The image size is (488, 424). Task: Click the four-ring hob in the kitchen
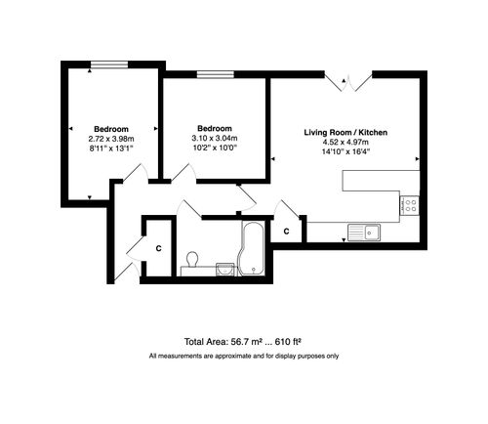coord(411,205)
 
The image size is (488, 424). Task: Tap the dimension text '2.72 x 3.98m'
coord(109,139)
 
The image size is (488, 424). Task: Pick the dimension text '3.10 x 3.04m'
coord(214,139)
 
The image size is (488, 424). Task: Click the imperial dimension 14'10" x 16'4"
coord(346,151)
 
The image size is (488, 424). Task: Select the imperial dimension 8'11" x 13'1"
coord(109,149)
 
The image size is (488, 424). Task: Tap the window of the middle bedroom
coord(214,74)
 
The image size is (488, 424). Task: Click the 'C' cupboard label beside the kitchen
coord(286,232)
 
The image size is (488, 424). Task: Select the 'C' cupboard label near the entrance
coord(157,248)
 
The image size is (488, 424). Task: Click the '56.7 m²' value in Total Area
coord(249,342)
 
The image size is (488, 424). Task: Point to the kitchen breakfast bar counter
coord(382,181)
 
